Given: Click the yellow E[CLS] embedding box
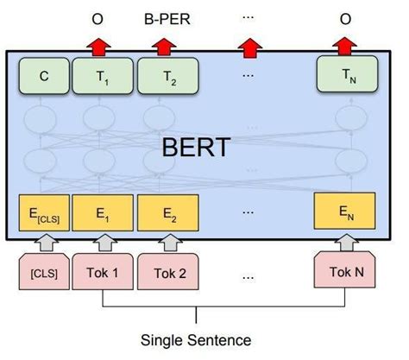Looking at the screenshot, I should click(x=43, y=212).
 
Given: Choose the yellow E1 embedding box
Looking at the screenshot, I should click(x=101, y=212).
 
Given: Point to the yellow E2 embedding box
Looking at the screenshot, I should click(x=167, y=212).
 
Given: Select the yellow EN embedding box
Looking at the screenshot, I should click(x=346, y=212).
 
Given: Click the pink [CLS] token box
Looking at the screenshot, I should click(x=43, y=274).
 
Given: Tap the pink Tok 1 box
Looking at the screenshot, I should click(x=103, y=274).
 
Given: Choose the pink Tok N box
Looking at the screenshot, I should click(x=345, y=274).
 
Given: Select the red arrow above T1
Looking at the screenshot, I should click(x=100, y=46).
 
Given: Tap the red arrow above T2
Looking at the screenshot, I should click(x=166, y=46).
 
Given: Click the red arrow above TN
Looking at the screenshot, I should click(x=345, y=46).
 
